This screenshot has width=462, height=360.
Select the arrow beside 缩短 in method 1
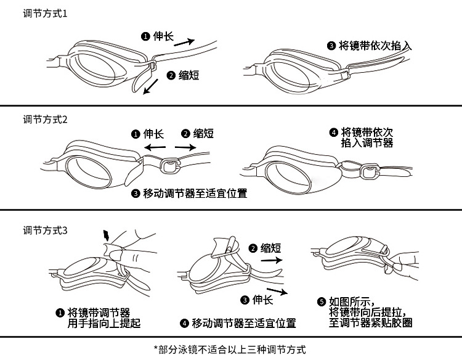(150, 89)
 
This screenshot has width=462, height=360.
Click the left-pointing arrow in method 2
(154, 148)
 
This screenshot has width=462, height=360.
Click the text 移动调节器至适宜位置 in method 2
(195, 194)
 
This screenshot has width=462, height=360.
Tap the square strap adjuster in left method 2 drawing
(168, 163)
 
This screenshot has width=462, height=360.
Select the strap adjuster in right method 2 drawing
(370, 169)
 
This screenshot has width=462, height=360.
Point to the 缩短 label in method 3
(270, 248)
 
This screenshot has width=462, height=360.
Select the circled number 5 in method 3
(320, 302)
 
